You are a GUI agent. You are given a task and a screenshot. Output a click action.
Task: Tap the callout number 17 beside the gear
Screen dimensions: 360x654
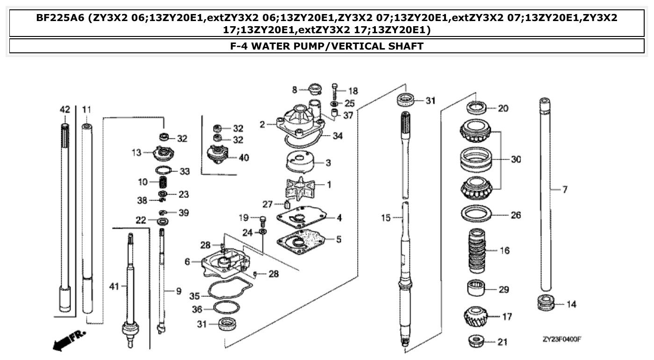tap(507, 317)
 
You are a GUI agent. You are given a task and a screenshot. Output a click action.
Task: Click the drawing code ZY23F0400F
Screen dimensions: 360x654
tap(561, 339)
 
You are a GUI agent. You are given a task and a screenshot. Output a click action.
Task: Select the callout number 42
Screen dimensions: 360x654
tap(65, 109)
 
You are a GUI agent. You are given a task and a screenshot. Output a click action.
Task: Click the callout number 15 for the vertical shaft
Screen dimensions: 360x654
tap(385, 218)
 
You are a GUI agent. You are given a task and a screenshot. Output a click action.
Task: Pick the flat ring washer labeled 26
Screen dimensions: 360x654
tap(476, 215)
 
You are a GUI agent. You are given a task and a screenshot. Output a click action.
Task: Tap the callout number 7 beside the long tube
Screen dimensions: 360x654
tap(565, 190)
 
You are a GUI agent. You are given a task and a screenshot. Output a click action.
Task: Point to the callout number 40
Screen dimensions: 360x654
tap(244, 158)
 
